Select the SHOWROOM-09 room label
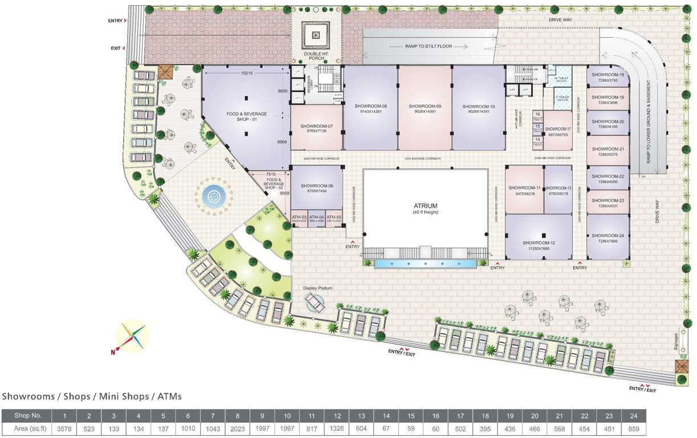click(425, 106)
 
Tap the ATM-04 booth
click(317, 218)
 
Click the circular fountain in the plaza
click(214, 197)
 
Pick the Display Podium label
click(317, 289)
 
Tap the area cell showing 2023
click(237, 429)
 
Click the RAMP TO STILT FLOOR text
click(429, 46)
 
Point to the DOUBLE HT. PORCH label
click(316, 55)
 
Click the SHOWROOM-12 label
click(539, 243)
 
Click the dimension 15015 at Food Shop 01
click(246, 73)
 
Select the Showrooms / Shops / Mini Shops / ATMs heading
click(92, 396)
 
